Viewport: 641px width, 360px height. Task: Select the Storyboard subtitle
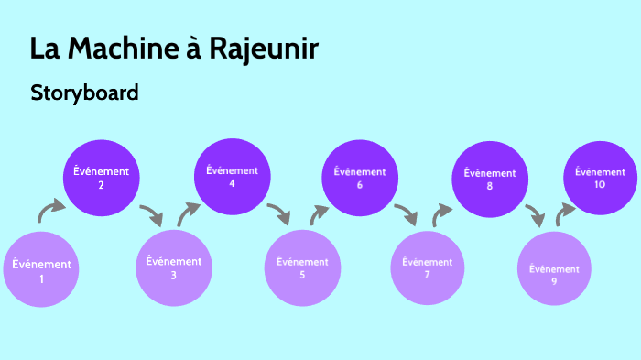pos(84,93)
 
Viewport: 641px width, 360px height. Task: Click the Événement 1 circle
pos(41,270)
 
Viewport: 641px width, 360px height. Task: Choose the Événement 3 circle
pos(173,267)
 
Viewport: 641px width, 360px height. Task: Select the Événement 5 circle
pos(302,267)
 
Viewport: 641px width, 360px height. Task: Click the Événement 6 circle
pos(360,178)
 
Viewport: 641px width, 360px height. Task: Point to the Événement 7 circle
pos(428,267)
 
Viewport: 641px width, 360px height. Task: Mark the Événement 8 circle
pos(490,179)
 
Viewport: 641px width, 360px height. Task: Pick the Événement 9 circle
pos(554,269)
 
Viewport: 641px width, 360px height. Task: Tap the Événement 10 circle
pos(600,178)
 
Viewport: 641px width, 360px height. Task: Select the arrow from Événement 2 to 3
pos(152,215)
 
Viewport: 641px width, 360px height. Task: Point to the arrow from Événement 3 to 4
pos(188,213)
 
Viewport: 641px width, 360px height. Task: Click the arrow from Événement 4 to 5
pos(279,215)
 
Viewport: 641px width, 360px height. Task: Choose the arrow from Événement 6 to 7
pos(406,215)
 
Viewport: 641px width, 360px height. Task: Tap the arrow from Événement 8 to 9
pos(536,217)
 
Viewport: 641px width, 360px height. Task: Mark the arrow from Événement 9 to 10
pos(565,213)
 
